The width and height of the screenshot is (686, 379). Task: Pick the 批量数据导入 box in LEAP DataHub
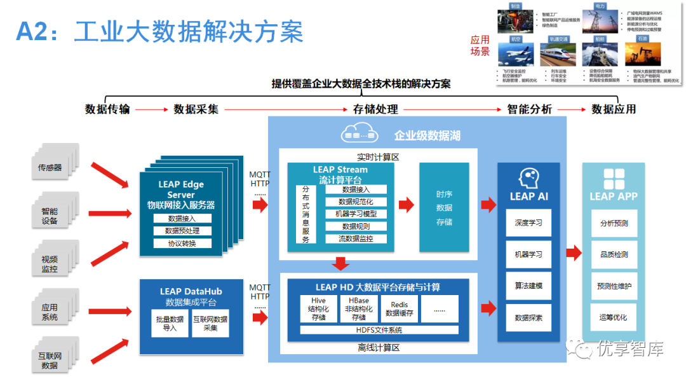[x=170, y=323]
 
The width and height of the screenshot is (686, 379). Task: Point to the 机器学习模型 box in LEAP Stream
[x=356, y=214]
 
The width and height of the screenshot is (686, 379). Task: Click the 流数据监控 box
[x=356, y=238]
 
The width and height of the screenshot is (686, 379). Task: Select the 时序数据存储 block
[x=444, y=207]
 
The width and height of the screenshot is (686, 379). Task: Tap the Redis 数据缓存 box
[x=400, y=309]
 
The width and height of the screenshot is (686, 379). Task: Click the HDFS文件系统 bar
[x=379, y=330]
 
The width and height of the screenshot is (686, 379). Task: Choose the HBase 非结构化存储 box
[x=358, y=309]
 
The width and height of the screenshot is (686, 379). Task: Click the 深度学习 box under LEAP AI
[x=528, y=223]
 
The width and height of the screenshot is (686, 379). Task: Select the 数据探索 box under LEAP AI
[x=528, y=317]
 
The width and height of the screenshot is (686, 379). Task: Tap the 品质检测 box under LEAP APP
[x=614, y=254]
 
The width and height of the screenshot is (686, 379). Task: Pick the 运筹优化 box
[x=614, y=317]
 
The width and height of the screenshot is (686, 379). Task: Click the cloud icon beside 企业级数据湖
[x=360, y=134]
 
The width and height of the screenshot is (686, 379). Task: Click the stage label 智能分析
[x=530, y=109]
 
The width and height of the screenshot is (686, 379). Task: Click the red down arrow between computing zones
[x=341, y=265]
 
